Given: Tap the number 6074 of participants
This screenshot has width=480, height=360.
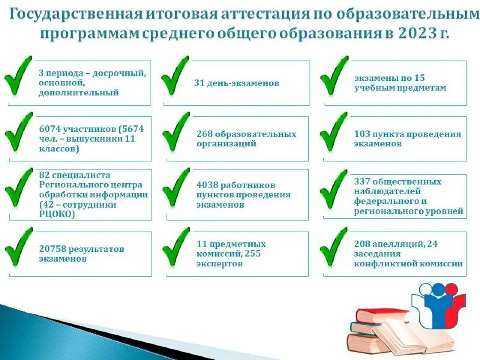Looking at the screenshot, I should tap(49, 129).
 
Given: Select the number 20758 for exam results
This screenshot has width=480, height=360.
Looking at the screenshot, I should tap(52, 249).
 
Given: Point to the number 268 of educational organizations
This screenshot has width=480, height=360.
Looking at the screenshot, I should tap(204, 134).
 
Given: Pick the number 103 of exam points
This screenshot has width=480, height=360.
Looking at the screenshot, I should tap(362, 134).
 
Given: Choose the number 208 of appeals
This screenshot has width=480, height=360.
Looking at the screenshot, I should tap(362, 244).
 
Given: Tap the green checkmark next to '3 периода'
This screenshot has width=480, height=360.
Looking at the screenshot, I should tap(19, 76).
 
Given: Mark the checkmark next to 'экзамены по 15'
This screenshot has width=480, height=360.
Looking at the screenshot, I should tap(334, 76).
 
